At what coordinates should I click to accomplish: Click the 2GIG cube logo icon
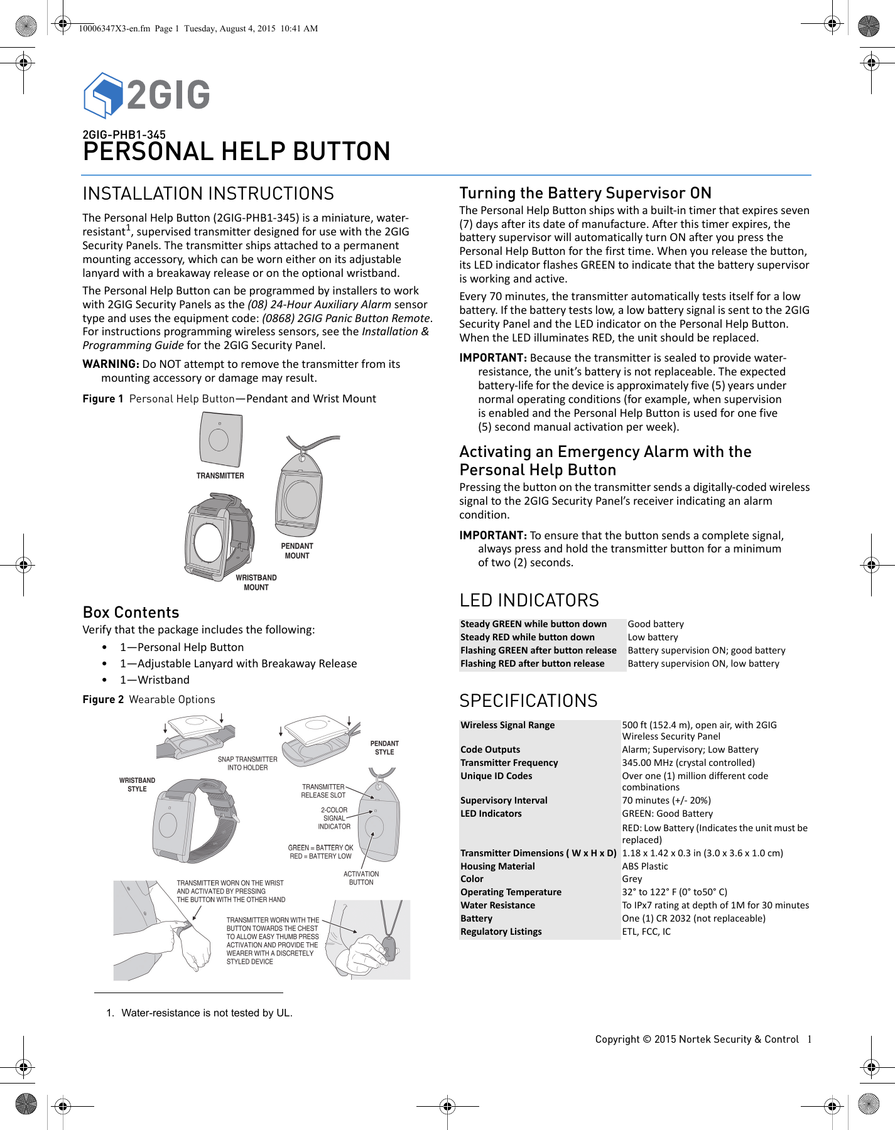(103, 95)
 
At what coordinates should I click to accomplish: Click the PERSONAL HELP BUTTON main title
(236, 151)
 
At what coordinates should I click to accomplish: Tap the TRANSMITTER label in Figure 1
(220, 476)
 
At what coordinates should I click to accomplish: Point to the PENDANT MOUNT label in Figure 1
(297, 551)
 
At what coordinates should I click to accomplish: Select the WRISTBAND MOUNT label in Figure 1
(256, 583)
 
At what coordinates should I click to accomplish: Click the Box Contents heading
(131, 612)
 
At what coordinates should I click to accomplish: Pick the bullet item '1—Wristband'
(155, 680)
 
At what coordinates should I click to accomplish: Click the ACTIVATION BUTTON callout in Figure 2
(361, 878)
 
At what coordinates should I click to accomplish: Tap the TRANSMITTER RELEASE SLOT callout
(323, 791)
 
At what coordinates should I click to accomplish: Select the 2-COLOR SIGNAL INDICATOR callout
(334, 818)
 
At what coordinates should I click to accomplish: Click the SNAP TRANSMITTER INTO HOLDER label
(247, 763)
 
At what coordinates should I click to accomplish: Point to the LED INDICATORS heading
(529, 600)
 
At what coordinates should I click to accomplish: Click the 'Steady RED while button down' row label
(528, 637)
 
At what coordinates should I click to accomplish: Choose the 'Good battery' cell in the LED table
(656, 624)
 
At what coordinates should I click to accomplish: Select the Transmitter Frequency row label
(509, 763)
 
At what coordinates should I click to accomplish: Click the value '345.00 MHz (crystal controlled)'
(688, 763)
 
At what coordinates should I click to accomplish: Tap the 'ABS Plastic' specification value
(645, 866)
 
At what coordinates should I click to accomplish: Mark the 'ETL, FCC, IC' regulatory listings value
(646, 932)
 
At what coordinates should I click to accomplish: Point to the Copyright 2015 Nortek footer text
(697, 1039)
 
